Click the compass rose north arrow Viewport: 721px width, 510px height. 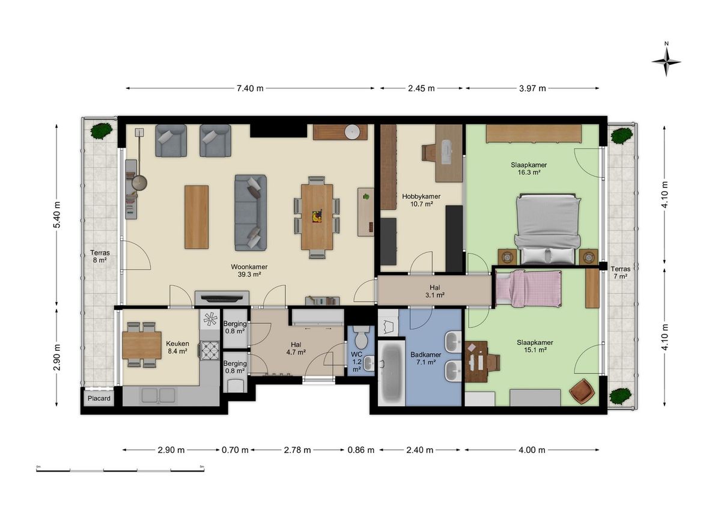pos(666,62)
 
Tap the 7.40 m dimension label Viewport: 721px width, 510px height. pos(250,88)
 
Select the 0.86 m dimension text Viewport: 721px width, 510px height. pos(361,450)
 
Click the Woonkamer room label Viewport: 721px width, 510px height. pos(249,267)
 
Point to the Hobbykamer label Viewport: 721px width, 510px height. pos(421,196)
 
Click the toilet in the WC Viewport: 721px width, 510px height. pos(362,336)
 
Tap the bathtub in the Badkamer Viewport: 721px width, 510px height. pos(391,373)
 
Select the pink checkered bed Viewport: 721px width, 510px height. pos(529,288)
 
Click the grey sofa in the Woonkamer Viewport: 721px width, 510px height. pos(251,213)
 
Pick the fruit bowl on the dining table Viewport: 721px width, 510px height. pos(317,216)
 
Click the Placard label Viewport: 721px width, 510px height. pos(99,398)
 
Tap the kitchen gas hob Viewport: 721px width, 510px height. pos(210,350)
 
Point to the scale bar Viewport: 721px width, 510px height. pos(120,470)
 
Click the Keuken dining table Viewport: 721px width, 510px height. pos(142,345)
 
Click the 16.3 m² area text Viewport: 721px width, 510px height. pos(529,172)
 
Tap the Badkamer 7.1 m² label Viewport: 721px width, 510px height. pos(425,358)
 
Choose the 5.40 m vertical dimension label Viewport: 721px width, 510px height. pos(56,214)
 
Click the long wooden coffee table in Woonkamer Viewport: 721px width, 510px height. pos(196,217)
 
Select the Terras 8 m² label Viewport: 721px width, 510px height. pos(100,257)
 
